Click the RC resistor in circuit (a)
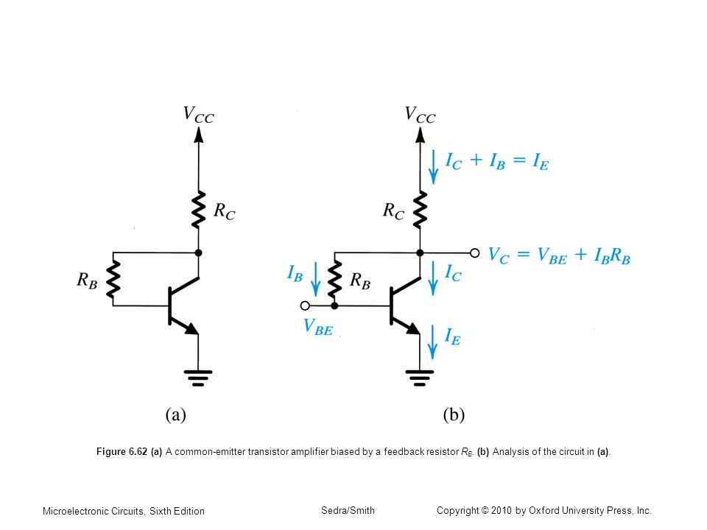click(198, 210)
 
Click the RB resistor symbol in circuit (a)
click(113, 280)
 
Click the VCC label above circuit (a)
click(198, 115)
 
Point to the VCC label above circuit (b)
click(420, 115)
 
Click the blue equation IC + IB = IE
click(497, 161)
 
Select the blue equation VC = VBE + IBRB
click(559, 255)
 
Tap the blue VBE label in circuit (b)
click(318, 327)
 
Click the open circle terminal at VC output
click(475, 252)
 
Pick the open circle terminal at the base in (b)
click(305, 306)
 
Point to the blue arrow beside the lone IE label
click(432, 342)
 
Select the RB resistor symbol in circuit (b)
click(334, 280)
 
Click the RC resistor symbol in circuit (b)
click(420, 210)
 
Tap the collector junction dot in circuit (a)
click(198, 252)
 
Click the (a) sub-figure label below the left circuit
click(176, 414)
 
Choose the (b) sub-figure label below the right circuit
click(454, 414)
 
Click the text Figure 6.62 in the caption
click(122, 451)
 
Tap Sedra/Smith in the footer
click(348, 511)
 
